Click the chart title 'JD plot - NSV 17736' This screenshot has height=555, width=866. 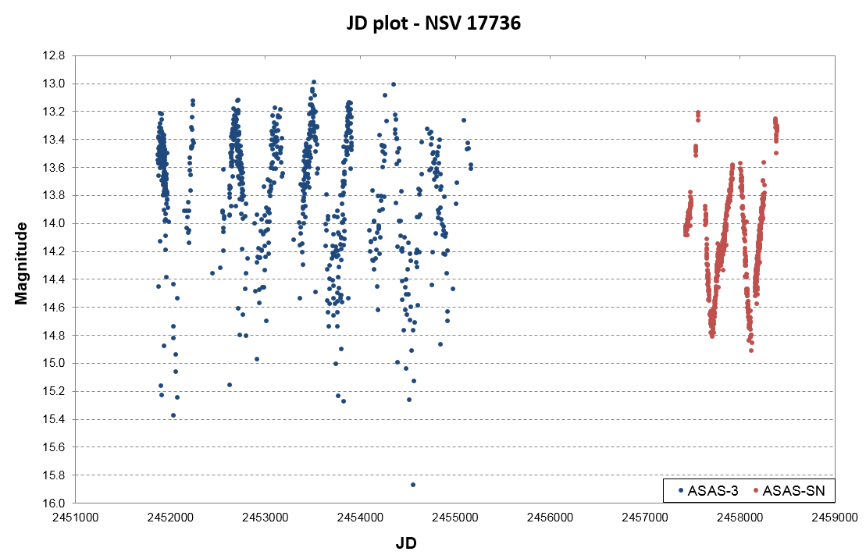433,24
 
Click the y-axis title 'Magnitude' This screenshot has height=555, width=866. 22,263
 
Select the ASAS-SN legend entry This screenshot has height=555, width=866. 789,491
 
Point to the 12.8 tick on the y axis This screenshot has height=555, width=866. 59,56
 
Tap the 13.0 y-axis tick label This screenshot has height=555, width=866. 59,84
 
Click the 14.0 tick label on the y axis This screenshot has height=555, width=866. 59,224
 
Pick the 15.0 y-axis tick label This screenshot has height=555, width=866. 59,364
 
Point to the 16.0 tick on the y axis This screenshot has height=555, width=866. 59,503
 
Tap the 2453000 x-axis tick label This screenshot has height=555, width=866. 266,517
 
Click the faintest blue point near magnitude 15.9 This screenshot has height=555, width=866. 413,485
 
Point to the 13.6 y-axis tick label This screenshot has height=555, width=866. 59,168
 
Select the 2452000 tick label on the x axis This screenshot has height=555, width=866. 171,517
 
